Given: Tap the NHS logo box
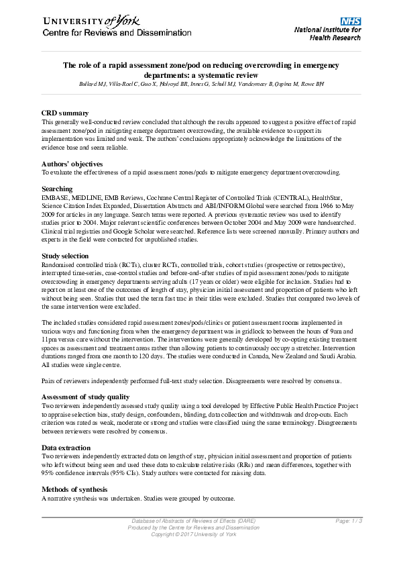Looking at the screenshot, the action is click(351, 21).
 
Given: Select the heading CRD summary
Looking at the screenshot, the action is click(65, 113).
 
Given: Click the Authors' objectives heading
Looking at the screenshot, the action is click(72, 163).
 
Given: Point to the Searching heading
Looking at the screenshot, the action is click(57, 189).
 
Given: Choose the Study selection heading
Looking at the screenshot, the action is click(65, 256).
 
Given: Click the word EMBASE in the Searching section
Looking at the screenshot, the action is click(56, 197).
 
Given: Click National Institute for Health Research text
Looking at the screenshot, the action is click(328, 34).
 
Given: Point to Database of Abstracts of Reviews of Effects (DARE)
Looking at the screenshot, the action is click(194, 521).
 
